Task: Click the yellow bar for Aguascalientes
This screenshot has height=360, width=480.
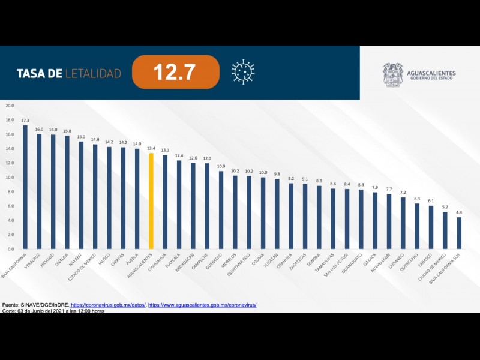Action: tap(151, 201)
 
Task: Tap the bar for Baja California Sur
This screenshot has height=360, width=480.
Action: tap(459, 233)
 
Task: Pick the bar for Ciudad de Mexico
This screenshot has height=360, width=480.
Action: tap(445, 230)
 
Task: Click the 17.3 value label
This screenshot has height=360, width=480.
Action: tap(25, 121)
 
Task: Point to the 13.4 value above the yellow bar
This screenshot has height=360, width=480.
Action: tap(151, 148)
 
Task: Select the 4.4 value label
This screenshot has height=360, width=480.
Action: tap(459, 212)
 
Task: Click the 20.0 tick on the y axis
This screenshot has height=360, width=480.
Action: tap(10, 106)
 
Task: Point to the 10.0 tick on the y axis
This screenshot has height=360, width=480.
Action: tap(10, 177)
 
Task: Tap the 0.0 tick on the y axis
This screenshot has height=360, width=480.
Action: tap(10, 248)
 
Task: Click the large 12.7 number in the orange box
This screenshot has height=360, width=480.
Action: tap(174, 73)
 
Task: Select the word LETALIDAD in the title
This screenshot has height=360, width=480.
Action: tap(93, 74)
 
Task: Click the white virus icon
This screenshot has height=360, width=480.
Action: tap(243, 72)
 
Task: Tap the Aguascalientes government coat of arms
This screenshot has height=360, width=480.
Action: tap(393, 75)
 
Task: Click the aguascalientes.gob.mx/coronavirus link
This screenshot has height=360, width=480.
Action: tap(202, 305)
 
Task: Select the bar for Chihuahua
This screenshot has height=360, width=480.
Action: tap(165, 202)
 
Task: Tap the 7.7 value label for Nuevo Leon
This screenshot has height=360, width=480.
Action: tap(389, 189)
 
